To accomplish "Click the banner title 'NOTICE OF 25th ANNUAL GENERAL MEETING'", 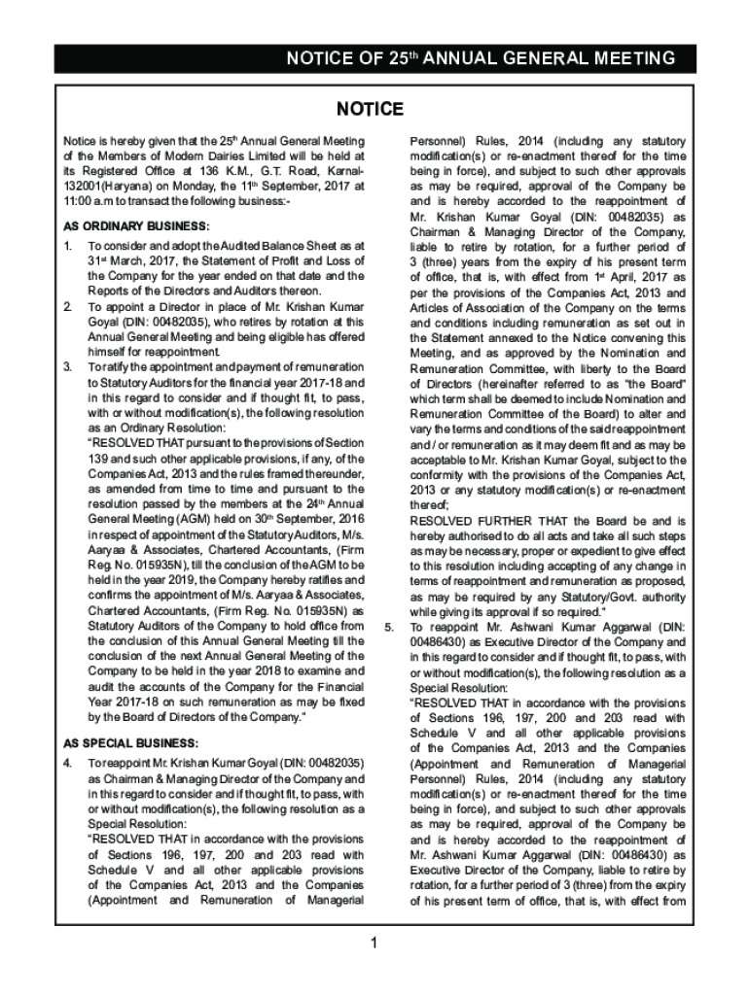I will pyautogui.click(x=481, y=58).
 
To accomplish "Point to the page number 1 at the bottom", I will pyautogui.click(x=374, y=942).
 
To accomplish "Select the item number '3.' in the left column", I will pyautogui.click(x=68, y=367).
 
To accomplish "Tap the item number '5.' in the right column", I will pyautogui.click(x=389, y=627).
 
